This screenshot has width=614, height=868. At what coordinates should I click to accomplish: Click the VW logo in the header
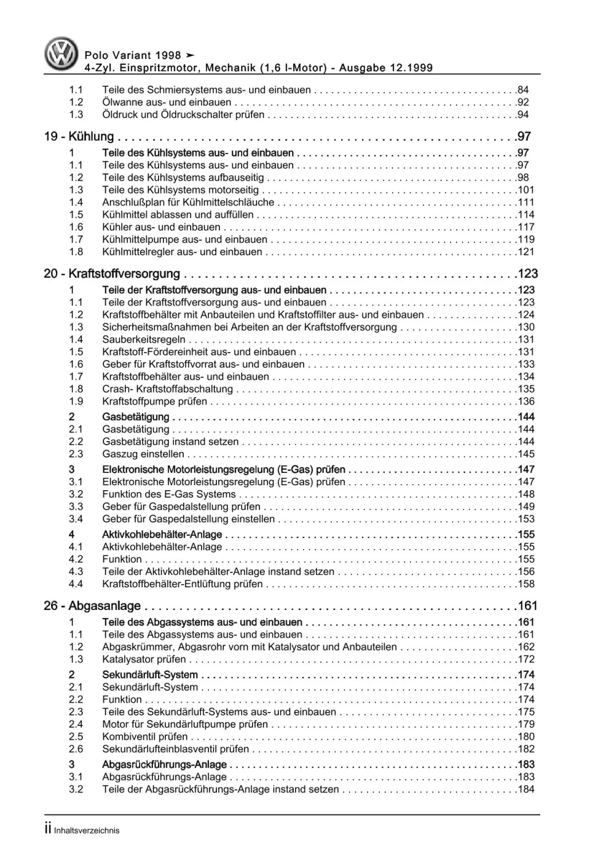[x=61, y=53]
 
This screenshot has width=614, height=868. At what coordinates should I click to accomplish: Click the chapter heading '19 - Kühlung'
[x=79, y=137]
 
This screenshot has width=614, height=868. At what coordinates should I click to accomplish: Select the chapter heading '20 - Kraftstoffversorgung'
[x=112, y=274]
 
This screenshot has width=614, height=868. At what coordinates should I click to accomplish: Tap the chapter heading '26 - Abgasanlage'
[x=92, y=606]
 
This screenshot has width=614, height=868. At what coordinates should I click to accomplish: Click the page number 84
[x=522, y=90]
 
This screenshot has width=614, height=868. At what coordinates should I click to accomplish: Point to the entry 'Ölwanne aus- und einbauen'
[x=167, y=103]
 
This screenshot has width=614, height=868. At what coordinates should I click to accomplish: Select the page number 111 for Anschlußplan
[x=525, y=202]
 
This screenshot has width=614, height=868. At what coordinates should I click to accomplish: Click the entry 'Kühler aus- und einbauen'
[x=161, y=227]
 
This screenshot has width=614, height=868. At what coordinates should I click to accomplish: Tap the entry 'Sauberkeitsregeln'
[x=144, y=340]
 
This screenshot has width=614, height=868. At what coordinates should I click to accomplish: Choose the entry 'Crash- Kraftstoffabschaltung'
[x=167, y=389]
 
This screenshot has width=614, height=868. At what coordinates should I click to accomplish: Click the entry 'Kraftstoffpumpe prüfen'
[x=154, y=402]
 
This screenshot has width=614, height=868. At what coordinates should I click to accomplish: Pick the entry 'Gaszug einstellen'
[x=143, y=455]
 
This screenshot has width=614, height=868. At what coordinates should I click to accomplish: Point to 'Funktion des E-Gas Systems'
[x=169, y=495]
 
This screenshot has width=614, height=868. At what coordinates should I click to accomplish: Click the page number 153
[x=525, y=519]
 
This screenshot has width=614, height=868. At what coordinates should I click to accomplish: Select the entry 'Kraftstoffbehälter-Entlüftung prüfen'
[x=183, y=584]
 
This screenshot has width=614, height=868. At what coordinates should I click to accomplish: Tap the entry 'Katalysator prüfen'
[x=144, y=660]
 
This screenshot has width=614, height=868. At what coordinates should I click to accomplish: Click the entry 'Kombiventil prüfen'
[x=145, y=737]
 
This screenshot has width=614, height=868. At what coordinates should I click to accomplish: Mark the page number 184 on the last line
[x=525, y=789]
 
